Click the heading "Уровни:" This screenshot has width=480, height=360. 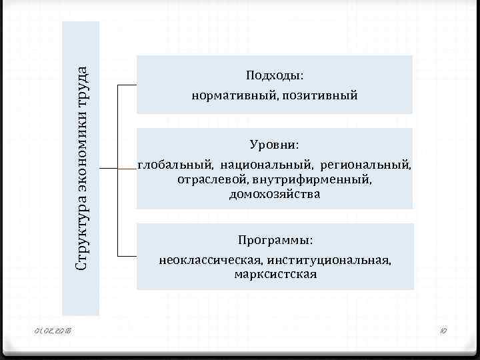[275, 144]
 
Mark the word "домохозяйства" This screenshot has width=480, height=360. [275, 195]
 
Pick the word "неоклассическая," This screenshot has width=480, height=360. [209, 259]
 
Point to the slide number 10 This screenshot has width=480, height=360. [442, 331]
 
